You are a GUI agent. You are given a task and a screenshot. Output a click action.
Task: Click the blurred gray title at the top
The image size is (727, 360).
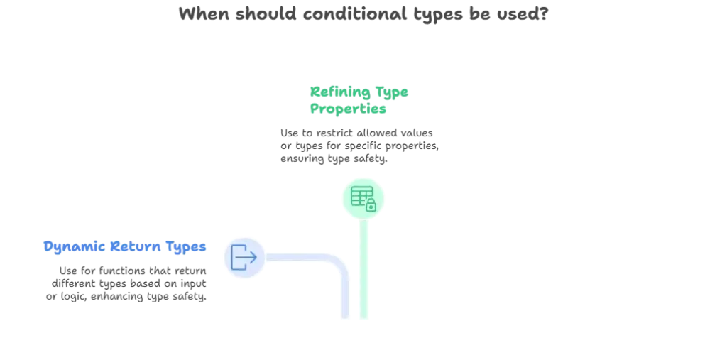coord(363,14)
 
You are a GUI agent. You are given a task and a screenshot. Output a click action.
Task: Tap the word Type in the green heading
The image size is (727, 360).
coord(392,93)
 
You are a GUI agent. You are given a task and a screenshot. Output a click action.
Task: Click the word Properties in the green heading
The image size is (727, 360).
coord(347,110)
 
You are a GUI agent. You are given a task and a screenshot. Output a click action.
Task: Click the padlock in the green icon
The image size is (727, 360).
coord(371,205)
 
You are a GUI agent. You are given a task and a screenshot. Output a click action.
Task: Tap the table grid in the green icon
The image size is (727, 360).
coord(360,195)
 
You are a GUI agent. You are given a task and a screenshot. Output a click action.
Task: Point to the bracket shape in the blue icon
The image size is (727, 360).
coord(238,256)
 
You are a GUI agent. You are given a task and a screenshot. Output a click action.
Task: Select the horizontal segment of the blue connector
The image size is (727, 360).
coord(298,258)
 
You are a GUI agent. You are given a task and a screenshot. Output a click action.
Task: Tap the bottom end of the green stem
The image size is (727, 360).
coord(363,320)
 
